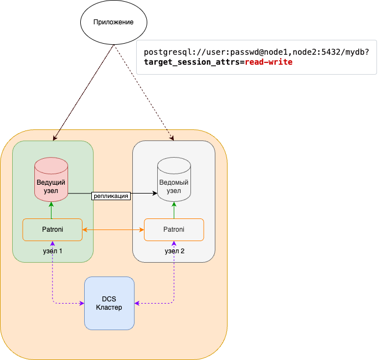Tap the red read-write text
click(269, 62)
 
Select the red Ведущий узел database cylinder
click(51, 179)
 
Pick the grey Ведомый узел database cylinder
click(174, 179)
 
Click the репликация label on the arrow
click(111, 195)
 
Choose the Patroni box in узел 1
click(52, 229)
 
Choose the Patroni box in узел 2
click(174, 229)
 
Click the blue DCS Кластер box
click(109, 303)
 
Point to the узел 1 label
click(53, 251)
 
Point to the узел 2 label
click(174, 251)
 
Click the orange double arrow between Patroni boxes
click(113, 229)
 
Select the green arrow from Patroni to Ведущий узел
click(51, 210)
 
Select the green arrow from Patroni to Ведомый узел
click(174, 210)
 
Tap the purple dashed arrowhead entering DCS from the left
click(81, 303)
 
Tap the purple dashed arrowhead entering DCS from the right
click(137, 303)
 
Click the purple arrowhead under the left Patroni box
click(52, 244)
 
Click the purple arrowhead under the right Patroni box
click(174, 244)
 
